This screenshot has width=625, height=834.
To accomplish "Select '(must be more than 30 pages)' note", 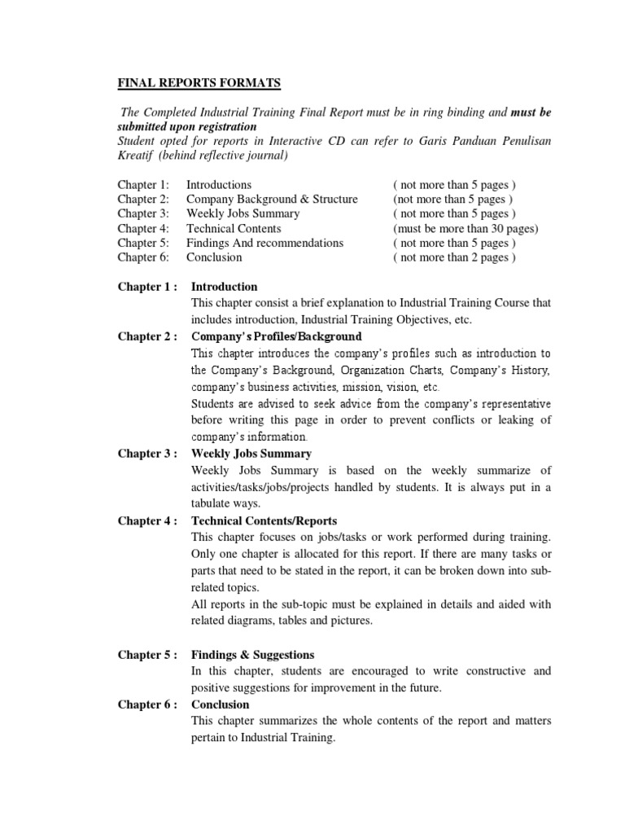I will [465, 229].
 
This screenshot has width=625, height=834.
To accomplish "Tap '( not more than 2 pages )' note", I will [454, 257].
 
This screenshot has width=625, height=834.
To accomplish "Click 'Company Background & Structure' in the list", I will [272, 200].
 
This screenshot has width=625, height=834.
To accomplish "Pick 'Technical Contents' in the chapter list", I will [234, 229].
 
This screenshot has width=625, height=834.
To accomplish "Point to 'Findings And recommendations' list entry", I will [264, 243].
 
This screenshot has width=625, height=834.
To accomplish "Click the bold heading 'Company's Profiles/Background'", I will [276, 336].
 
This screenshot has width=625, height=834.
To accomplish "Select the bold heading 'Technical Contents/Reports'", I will [264, 521].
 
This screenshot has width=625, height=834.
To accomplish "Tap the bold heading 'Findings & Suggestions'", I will [252, 655].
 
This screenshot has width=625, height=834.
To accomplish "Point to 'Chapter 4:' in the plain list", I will [143, 229].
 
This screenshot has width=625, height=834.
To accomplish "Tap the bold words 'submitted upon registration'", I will [187, 126].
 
